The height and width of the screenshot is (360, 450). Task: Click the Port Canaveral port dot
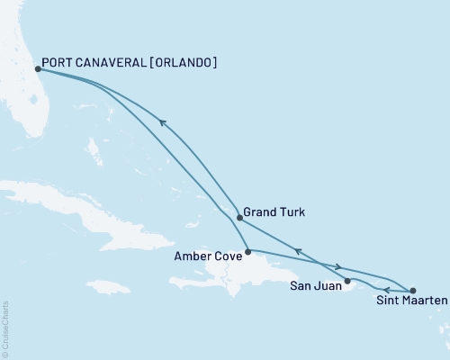click(x=37, y=67)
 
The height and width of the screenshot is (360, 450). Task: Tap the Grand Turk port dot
click(x=238, y=217)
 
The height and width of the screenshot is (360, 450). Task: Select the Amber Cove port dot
click(x=247, y=250)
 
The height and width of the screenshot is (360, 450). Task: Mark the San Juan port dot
click(x=347, y=281)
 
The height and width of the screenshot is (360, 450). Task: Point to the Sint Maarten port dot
click(x=412, y=291)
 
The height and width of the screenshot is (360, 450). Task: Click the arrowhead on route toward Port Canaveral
click(x=163, y=123)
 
